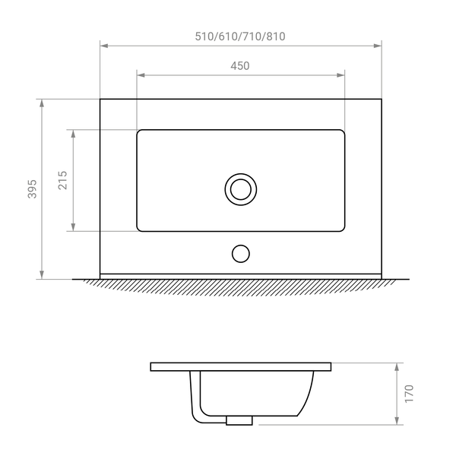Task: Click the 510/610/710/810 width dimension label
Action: pyautogui.click(x=240, y=36)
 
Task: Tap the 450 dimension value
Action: pyautogui.click(x=240, y=66)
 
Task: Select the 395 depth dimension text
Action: pyautogui.click(x=32, y=189)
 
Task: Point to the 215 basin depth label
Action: pyautogui.click(x=63, y=180)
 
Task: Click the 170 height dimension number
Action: pyautogui.click(x=409, y=394)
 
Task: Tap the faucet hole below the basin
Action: pyautogui.click(x=241, y=254)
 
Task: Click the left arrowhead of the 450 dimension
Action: pyautogui.click(x=141, y=75)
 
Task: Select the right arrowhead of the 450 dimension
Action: pyautogui.click(x=340, y=75)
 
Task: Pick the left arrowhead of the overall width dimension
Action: pyautogui.click(x=104, y=46)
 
